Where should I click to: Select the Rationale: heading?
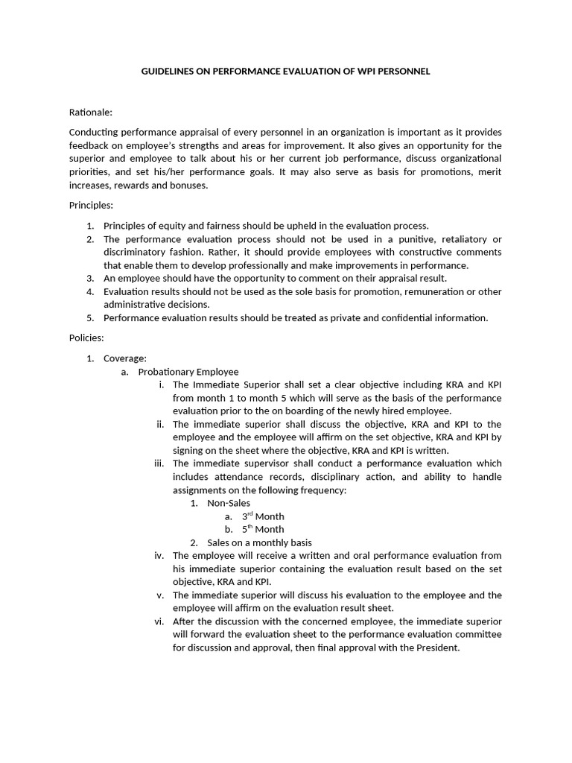91,113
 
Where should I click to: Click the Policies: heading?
86,338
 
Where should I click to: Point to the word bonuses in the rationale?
189,186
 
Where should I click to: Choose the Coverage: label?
125,358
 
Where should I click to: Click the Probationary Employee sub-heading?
188,372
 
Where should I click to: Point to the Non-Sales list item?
229,503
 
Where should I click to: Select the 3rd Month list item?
263,516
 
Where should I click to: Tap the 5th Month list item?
263,530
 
